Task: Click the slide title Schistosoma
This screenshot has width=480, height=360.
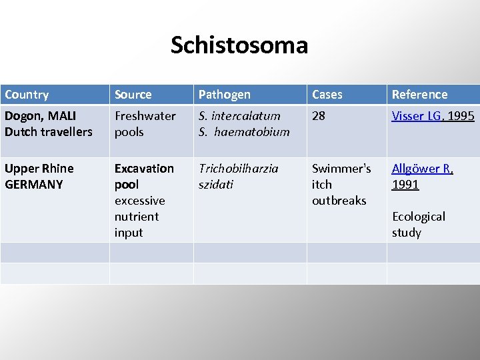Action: click(239, 45)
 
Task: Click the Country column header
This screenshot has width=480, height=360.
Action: click(27, 95)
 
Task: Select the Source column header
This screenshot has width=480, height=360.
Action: click(133, 95)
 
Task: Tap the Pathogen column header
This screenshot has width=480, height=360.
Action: click(225, 95)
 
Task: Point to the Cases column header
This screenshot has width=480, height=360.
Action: click(327, 95)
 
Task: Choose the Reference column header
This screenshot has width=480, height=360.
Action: click(419, 95)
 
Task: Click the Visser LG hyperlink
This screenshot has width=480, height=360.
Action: click(416, 116)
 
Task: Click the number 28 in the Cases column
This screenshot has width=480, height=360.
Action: click(319, 116)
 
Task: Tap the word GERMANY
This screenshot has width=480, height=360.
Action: click(33, 185)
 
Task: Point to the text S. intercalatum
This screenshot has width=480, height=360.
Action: click(239, 116)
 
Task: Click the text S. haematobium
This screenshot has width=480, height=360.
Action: click(244, 132)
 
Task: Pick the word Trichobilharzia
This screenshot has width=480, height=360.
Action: click(239, 169)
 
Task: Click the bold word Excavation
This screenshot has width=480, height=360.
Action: click(144, 169)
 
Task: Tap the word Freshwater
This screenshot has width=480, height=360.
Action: click(145, 116)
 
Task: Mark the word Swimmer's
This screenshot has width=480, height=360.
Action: click(341, 169)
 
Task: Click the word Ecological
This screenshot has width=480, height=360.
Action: click(419, 217)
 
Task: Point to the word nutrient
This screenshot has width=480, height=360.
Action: click(137, 217)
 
